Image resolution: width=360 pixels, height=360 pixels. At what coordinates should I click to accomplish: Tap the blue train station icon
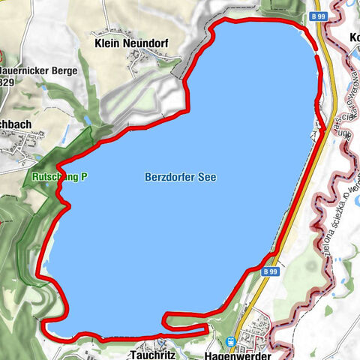coord(230,342)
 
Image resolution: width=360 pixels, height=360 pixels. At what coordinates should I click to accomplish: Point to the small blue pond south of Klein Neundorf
coord(88,120)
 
